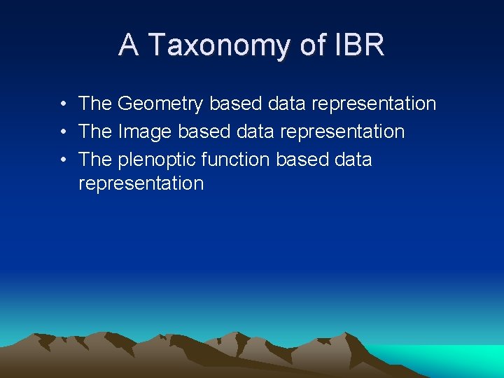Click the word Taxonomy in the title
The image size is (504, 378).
(219, 45)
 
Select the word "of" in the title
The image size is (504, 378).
(312, 45)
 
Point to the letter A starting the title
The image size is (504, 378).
(129, 45)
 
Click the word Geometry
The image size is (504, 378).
(160, 104)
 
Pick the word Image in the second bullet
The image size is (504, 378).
(145, 132)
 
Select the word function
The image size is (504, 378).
(235, 160)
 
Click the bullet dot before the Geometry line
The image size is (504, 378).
(63, 104)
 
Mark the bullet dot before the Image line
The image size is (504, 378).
(63, 132)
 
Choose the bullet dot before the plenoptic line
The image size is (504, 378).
(63, 160)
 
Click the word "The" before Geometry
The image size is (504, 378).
(95, 104)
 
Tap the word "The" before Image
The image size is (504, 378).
(95, 132)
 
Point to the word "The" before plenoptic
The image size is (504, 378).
(95, 160)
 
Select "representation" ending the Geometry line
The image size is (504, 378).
(374, 104)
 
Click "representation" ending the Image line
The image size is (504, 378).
(342, 132)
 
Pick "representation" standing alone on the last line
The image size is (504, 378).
(141, 184)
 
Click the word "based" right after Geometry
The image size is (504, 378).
(234, 104)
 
